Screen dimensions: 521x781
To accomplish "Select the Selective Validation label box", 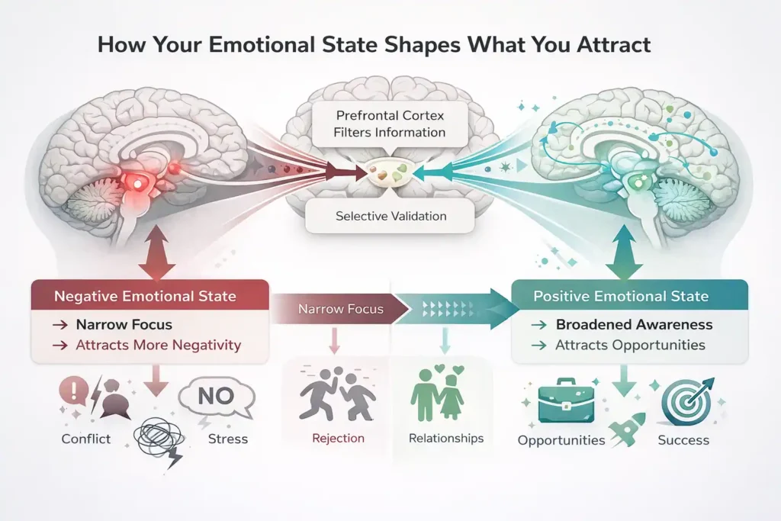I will click(390, 217).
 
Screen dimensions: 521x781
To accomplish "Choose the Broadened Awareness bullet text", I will click(634, 324).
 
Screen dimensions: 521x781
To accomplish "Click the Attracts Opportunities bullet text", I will click(630, 345).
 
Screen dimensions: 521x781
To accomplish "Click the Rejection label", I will click(338, 439).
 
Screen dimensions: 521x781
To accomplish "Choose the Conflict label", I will click(86, 439).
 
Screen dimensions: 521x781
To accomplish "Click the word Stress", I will click(227, 439).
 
